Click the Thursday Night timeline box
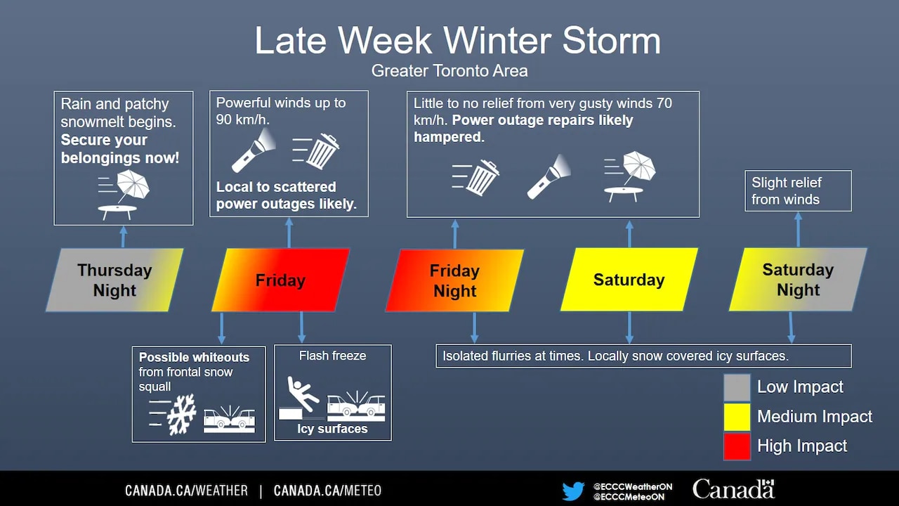[114, 280]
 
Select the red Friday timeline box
[280, 280]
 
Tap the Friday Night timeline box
[454, 280]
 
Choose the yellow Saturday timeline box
[629, 280]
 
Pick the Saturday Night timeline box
[799, 280]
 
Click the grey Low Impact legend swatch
[737, 387]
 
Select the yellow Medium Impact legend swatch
[737, 417]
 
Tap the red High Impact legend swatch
[737, 446]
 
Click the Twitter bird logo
[573, 491]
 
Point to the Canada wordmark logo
[734, 489]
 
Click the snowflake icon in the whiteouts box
[181, 415]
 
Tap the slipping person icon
[303, 394]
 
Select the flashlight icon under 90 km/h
[254, 150]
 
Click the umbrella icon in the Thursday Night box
[133, 186]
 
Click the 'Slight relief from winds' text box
[799, 190]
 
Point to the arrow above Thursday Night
[123, 237]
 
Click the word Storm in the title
[611, 41]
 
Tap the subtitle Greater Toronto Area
[449, 71]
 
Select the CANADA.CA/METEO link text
[327, 491]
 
